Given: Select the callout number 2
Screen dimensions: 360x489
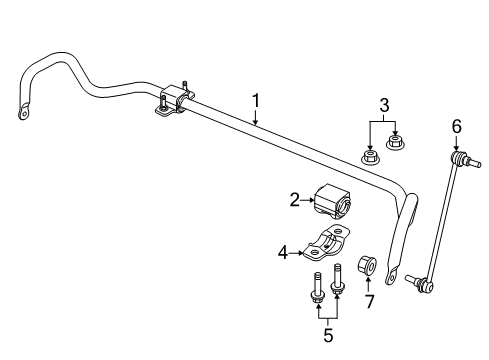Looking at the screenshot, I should pos(295,201).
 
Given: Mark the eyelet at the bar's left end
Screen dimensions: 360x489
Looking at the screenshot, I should pos(22,113).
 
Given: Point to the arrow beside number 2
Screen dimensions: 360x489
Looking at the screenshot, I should pos(310,201).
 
